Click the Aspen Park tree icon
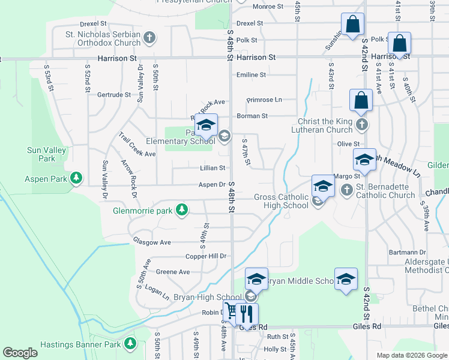tap(76, 178)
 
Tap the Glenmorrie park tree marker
tap(180, 210)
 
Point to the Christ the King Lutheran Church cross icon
tap(361, 124)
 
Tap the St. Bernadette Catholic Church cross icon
tap(346, 190)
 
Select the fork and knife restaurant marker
tap(247, 313)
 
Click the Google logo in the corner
tap(20, 353)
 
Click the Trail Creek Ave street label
tap(137, 145)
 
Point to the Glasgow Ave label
tap(152, 242)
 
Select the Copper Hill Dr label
tap(206, 256)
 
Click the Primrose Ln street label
tap(264, 100)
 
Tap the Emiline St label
tap(251, 75)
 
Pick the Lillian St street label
tap(213, 169)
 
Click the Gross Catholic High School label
tap(281, 201)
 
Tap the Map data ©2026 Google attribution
tap(411, 355)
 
